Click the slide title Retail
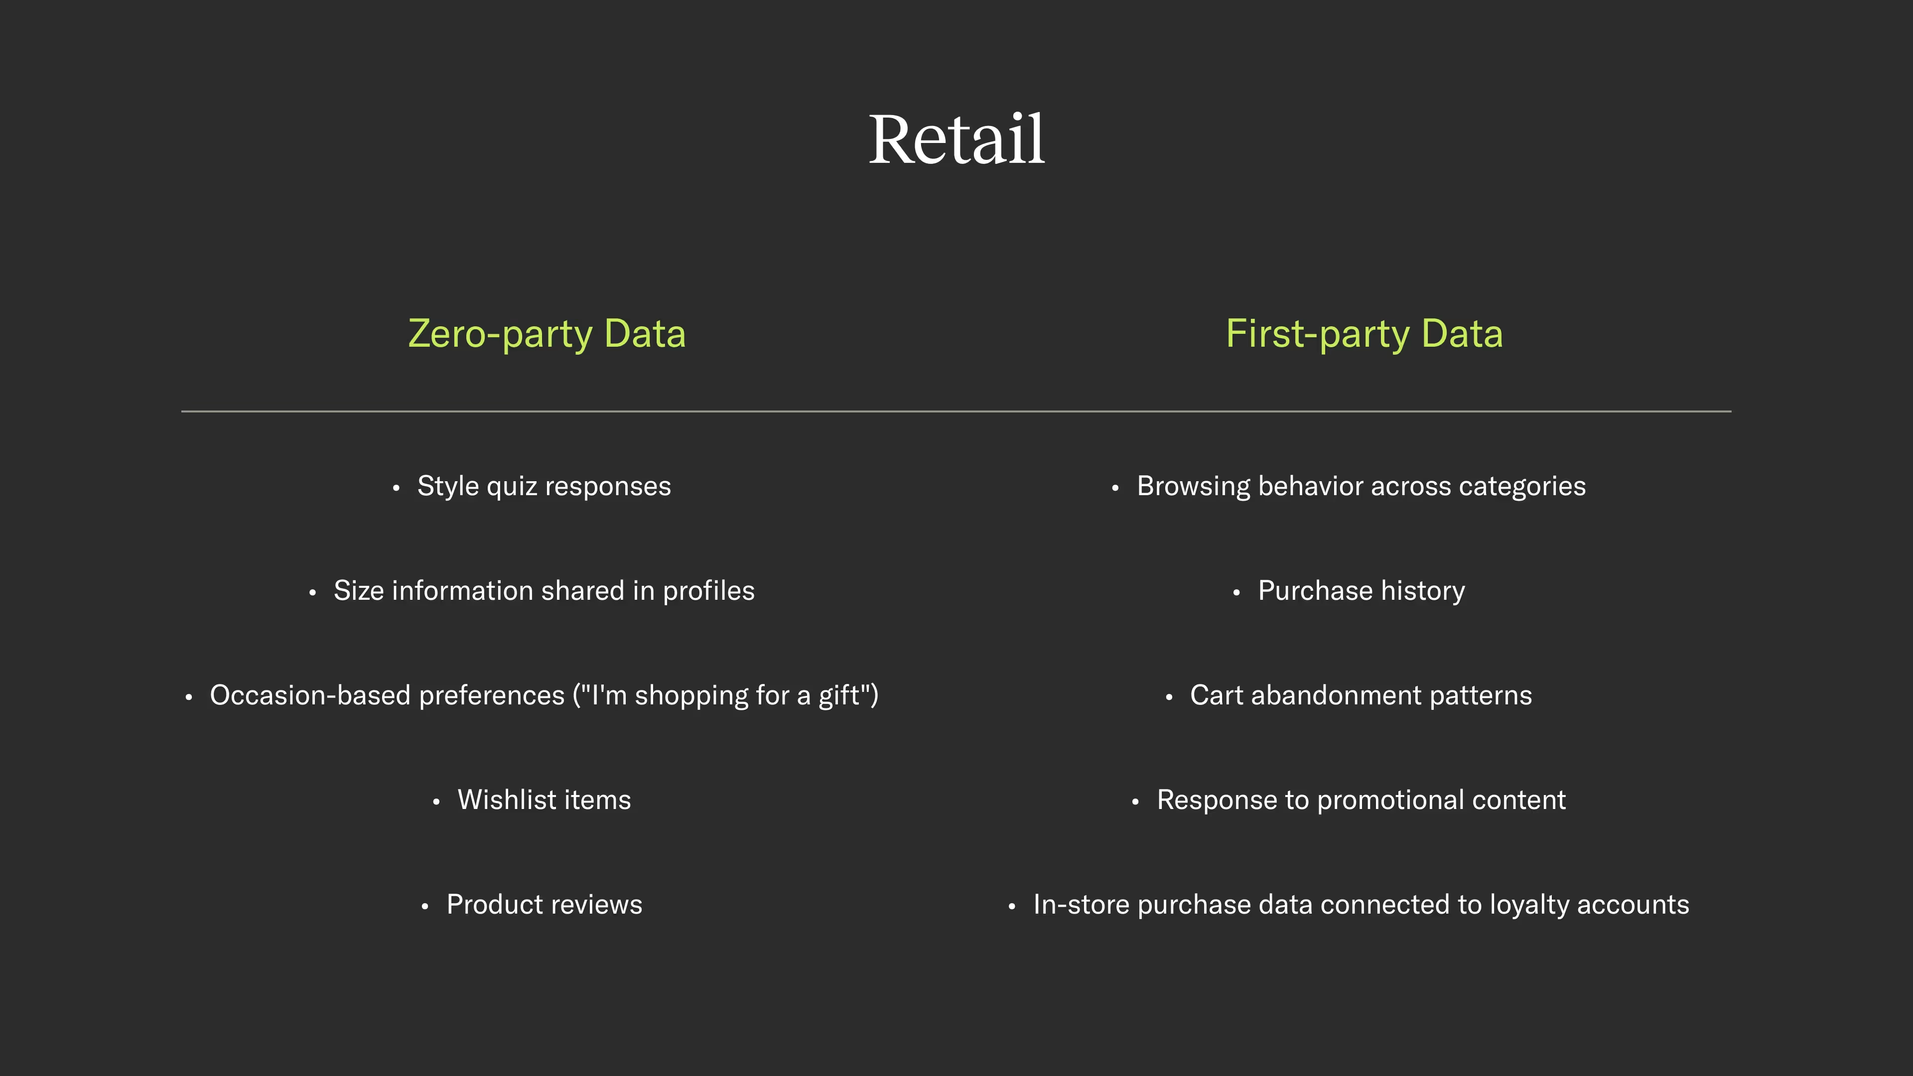956,139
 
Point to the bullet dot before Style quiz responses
397,488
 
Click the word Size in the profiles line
358,591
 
